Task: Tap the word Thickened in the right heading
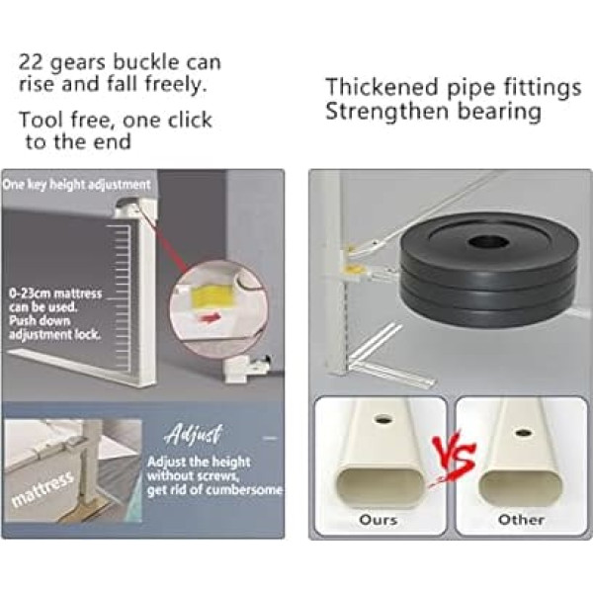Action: click(x=381, y=87)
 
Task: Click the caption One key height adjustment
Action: click(x=76, y=185)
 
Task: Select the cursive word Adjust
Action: click(x=194, y=434)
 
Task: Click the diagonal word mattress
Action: click(x=42, y=489)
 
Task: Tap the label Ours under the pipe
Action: click(x=379, y=520)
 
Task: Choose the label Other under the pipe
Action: click(x=521, y=520)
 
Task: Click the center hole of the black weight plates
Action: click(x=485, y=241)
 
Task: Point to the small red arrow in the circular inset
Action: click(x=212, y=317)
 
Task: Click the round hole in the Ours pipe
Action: click(x=382, y=420)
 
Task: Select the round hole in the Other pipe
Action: click(x=522, y=432)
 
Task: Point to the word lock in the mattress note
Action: click(x=89, y=334)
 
